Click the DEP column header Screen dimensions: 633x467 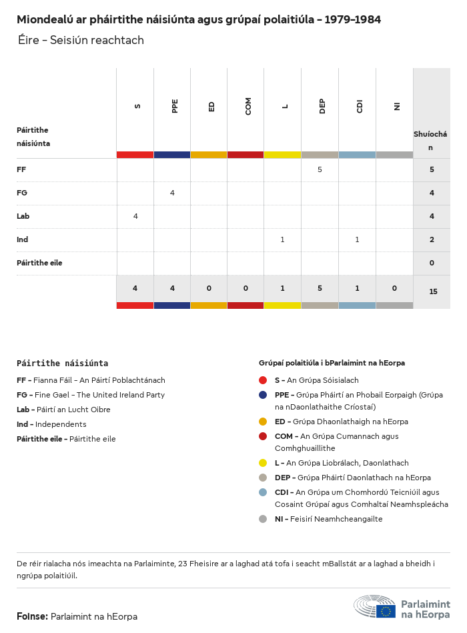point(322,106)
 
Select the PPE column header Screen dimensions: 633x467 point(175,106)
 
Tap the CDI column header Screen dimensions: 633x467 point(360,106)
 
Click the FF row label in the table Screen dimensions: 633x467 point(21,170)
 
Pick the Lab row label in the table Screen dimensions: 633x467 point(23,217)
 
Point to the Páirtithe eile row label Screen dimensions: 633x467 point(39,263)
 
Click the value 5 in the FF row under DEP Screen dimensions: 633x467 point(320,170)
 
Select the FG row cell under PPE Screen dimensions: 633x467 point(172,193)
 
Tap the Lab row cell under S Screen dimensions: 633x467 point(135,217)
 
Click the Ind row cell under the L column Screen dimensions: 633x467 point(282,240)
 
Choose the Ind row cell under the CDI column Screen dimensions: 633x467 point(357,240)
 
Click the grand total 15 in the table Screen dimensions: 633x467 point(433,291)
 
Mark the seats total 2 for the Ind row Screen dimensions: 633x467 point(432,240)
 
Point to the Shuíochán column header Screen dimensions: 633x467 point(431,141)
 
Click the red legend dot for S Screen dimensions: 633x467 point(263,380)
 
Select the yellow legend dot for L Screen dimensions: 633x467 point(263,463)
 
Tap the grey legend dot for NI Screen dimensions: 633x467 point(263,519)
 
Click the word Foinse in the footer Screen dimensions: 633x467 point(32,616)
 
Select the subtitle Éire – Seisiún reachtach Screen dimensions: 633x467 point(81,41)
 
